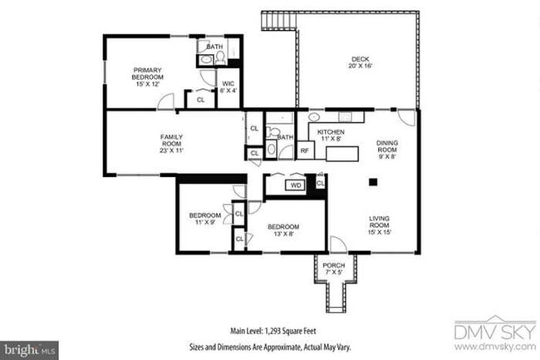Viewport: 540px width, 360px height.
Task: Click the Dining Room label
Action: (x=387, y=149)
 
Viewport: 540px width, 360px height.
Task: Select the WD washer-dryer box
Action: (x=295, y=185)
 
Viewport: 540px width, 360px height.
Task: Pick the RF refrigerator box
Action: (x=305, y=150)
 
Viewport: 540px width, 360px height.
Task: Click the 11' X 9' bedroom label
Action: (x=203, y=218)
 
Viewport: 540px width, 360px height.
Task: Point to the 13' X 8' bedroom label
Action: (x=281, y=230)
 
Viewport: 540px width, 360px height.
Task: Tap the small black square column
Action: (x=373, y=181)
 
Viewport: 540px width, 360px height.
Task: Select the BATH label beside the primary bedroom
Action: (x=214, y=47)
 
